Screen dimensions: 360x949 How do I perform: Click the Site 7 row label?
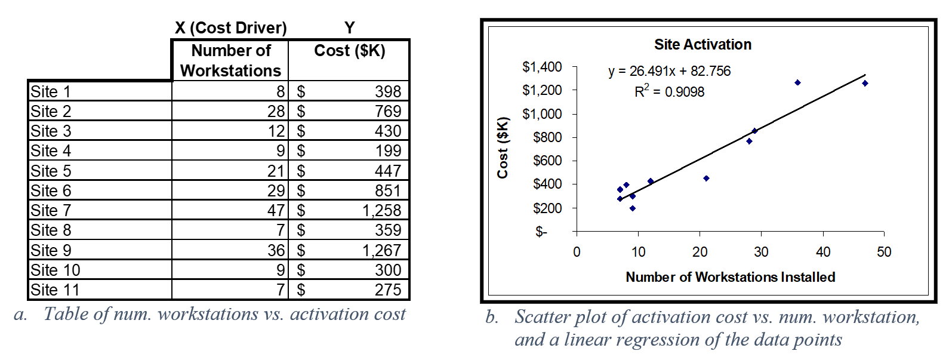(x=51, y=210)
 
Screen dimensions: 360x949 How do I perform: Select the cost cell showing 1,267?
(x=381, y=250)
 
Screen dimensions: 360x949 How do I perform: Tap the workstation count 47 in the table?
(x=276, y=210)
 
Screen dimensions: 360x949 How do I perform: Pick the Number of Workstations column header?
(x=230, y=60)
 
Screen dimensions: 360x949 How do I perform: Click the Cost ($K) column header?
(x=350, y=51)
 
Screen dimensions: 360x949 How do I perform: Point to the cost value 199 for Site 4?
(x=388, y=151)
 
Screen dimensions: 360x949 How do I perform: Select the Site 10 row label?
(x=55, y=270)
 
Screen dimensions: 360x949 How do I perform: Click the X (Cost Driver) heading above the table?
(x=230, y=28)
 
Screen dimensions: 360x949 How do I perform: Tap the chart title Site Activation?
(x=702, y=45)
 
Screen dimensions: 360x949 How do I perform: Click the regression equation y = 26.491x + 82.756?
(x=669, y=71)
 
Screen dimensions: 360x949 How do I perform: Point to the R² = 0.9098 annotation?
(x=669, y=92)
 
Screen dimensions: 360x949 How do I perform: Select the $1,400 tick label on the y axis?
(x=542, y=67)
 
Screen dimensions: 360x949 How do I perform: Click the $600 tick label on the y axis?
(x=547, y=161)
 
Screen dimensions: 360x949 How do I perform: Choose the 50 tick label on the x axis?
(x=884, y=252)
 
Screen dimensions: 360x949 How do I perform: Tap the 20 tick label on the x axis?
(x=700, y=252)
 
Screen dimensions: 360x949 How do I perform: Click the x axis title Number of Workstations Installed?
(x=730, y=277)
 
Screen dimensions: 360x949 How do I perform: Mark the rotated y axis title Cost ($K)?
(x=503, y=148)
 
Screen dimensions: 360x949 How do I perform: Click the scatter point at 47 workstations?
(x=865, y=84)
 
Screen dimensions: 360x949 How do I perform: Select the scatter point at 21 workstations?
(x=706, y=179)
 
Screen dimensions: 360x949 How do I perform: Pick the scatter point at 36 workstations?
(x=797, y=82)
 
